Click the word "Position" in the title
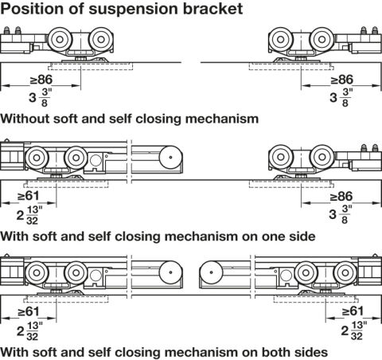coord(32,9)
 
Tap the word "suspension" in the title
coord(134,9)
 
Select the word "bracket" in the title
coord(213,9)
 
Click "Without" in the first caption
coord(25,118)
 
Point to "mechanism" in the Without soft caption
coord(222,118)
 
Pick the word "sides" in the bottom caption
coord(311,352)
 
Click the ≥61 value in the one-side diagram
coord(28,196)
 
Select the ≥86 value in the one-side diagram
coord(341,197)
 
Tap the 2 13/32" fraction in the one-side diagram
coord(29,215)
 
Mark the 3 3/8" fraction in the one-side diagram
coord(341,214)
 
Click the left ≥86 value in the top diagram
coord(41,79)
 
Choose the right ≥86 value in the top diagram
coord(342,79)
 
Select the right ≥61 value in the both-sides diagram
coord(353,311)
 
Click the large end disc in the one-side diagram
coord(170,157)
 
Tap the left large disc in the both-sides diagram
coord(170,272)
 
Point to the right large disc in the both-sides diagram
coord(211,272)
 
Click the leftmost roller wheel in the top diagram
coord(60,40)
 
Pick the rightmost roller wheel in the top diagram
coord(322,40)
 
